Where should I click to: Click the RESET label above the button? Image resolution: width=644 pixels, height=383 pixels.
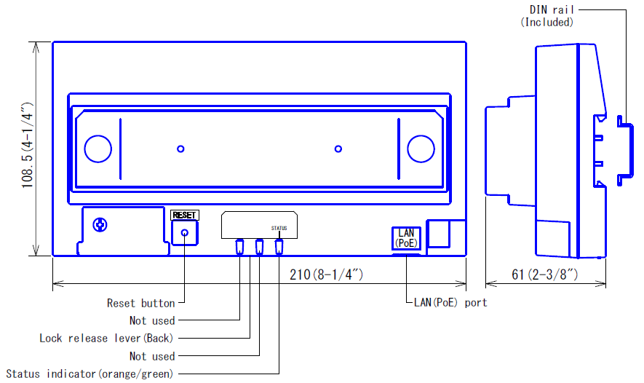click(184, 216)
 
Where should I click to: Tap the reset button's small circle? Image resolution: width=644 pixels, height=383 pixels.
click(185, 233)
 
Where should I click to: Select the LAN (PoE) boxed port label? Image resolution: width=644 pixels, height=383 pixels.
click(406, 238)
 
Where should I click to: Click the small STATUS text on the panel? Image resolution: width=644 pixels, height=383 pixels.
click(279, 228)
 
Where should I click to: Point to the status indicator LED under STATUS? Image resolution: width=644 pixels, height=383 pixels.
click(279, 247)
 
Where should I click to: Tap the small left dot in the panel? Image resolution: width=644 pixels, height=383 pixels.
click(180, 149)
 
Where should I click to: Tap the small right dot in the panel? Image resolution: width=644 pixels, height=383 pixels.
click(338, 149)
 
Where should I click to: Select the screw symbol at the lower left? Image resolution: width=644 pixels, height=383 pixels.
click(100, 225)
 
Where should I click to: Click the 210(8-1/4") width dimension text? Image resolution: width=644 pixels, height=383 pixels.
click(327, 275)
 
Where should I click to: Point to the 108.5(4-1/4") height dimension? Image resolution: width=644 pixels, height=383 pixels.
click(27, 146)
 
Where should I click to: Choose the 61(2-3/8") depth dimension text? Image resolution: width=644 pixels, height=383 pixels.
click(544, 275)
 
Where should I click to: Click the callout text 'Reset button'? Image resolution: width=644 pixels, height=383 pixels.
click(141, 304)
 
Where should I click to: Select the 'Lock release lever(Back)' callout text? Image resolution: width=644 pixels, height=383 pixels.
click(106, 338)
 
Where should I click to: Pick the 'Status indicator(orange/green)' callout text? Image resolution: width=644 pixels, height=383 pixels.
click(90, 374)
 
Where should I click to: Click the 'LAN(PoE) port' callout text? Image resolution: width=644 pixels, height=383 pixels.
click(450, 303)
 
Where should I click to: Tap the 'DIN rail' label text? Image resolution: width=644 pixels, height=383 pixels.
click(552, 9)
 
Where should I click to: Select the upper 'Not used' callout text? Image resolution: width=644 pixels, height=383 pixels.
click(152, 320)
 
